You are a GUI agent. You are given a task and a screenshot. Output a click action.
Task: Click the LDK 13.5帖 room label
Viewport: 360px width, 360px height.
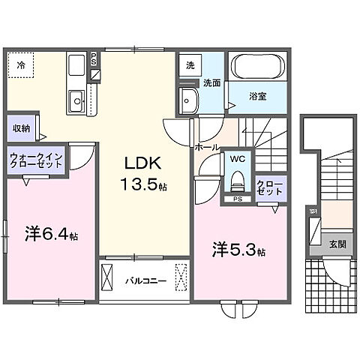pos(140,172)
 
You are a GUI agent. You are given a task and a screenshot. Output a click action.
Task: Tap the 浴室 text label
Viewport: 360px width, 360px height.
pos(257,97)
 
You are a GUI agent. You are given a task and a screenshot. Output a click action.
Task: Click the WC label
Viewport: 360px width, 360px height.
pos(238,160)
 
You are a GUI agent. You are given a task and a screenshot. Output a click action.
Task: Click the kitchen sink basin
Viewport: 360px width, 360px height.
pos(76,100)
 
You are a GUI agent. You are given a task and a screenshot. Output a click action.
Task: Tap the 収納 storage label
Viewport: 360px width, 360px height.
pos(21,127)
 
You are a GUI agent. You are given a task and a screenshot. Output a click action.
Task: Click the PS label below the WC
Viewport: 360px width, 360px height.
pos(237,199)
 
